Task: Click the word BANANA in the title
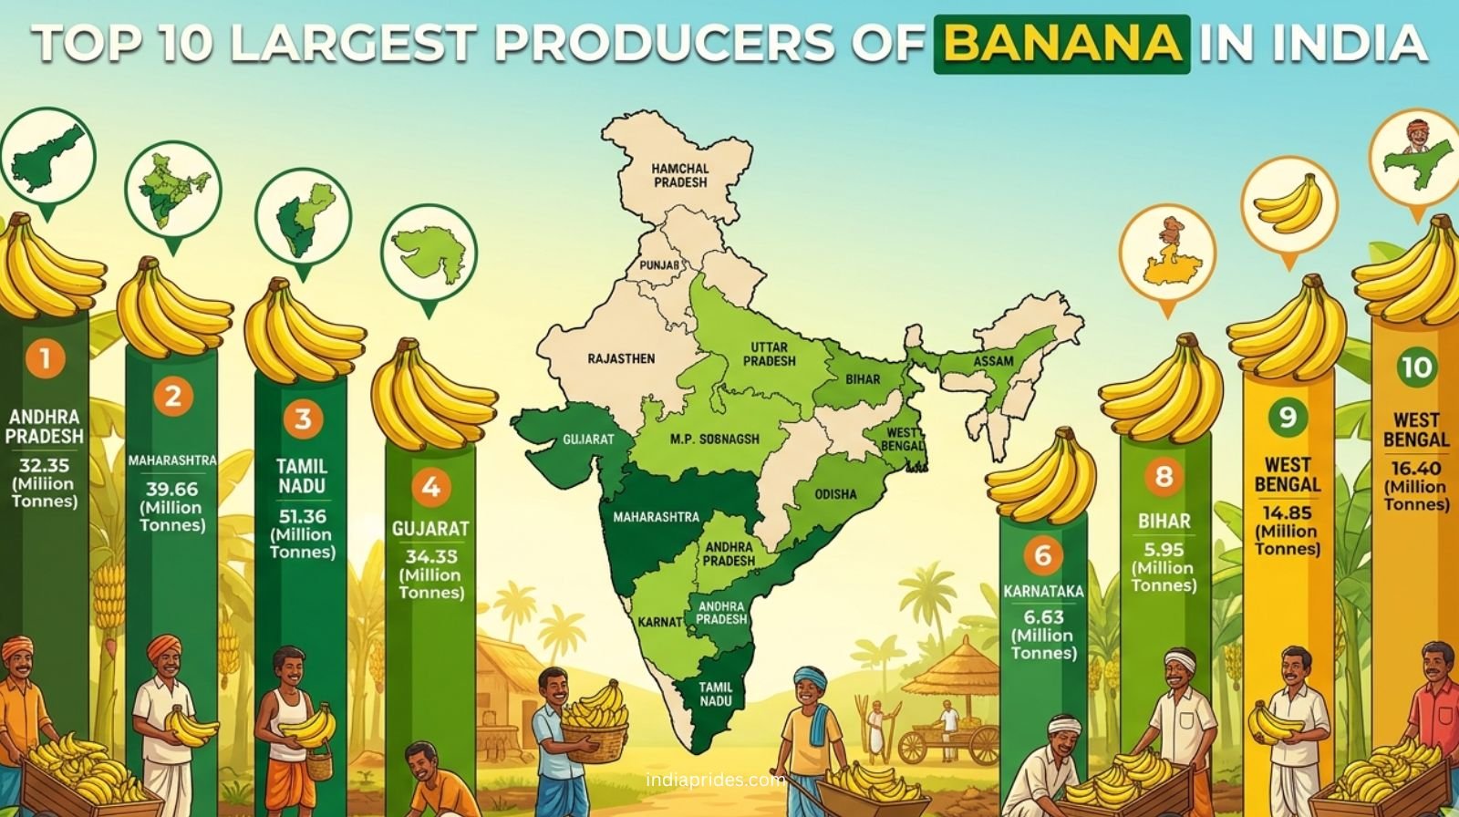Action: (1062, 44)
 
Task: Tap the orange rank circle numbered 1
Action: (46, 359)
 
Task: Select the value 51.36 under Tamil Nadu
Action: (302, 516)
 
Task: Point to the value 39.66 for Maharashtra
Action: (172, 490)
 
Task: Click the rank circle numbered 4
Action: (430, 488)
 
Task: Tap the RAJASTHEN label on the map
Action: (621, 358)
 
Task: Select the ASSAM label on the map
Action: (993, 361)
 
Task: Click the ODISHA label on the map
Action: (835, 494)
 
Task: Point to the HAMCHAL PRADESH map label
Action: (679, 175)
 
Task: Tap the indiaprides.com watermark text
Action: (715, 781)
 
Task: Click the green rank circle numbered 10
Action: (1416, 367)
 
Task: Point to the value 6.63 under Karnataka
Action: (1043, 617)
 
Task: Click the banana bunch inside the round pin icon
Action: (1288, 205)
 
